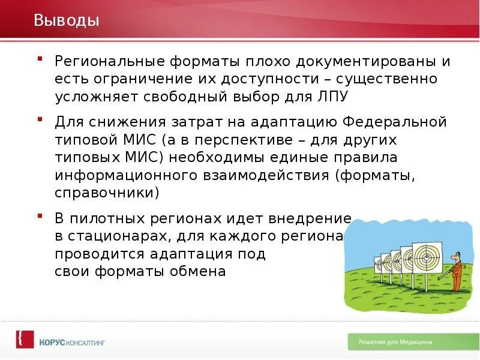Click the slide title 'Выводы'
[x=67, y=21]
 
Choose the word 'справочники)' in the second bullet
[x=107, y=193]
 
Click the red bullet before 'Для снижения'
[x=40, y=118]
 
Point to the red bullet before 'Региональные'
[x=40, y=58]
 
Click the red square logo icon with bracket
[x=25, y=340]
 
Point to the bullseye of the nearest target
[x=427, y=256]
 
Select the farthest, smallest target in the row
[x=378, y=262]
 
